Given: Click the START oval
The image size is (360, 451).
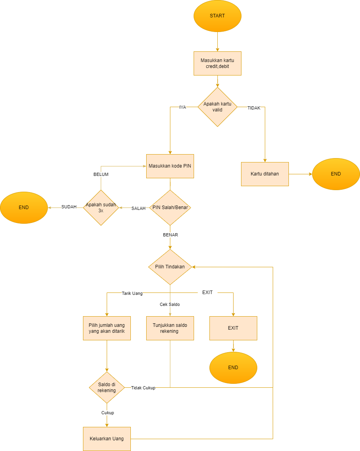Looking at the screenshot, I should [x=217, y=16].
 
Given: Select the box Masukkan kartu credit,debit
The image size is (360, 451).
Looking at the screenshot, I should [x=217, y=63].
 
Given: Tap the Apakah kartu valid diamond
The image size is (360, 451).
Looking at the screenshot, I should [x=217, y=107].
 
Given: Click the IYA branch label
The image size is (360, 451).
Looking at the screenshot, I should [x=183, y=107].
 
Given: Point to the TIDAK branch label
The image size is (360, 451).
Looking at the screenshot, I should [x=254, y=108].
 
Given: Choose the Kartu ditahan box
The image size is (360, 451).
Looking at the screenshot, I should [x=265, y=174].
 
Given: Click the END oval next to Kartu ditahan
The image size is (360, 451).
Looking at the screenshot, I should [x=336, y=174].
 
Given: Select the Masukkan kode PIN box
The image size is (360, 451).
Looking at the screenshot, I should [x=170, y=166].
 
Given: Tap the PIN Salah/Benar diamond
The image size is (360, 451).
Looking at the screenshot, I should [x=170, y=208].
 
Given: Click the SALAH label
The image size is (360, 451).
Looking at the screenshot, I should [x=138, y=208].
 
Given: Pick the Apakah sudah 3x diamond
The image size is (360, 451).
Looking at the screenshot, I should [x=101, y=208].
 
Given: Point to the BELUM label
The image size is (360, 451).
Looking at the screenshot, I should [x=101, y=174].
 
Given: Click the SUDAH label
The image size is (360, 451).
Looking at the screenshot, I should [x=69, y=207].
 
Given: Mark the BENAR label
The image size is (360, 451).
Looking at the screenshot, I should [x=170, y=235].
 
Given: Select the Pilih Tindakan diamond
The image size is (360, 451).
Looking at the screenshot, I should [x=170, y=267].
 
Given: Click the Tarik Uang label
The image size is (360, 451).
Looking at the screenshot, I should [x=132, y=293].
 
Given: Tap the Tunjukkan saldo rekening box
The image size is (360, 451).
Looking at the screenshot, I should [x=170, y=328].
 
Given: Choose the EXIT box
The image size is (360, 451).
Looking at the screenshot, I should [x=233, y=328].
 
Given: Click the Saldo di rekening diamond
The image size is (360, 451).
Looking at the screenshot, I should [x=107, y=388].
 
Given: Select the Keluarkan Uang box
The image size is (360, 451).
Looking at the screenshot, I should [x=107, y=439].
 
